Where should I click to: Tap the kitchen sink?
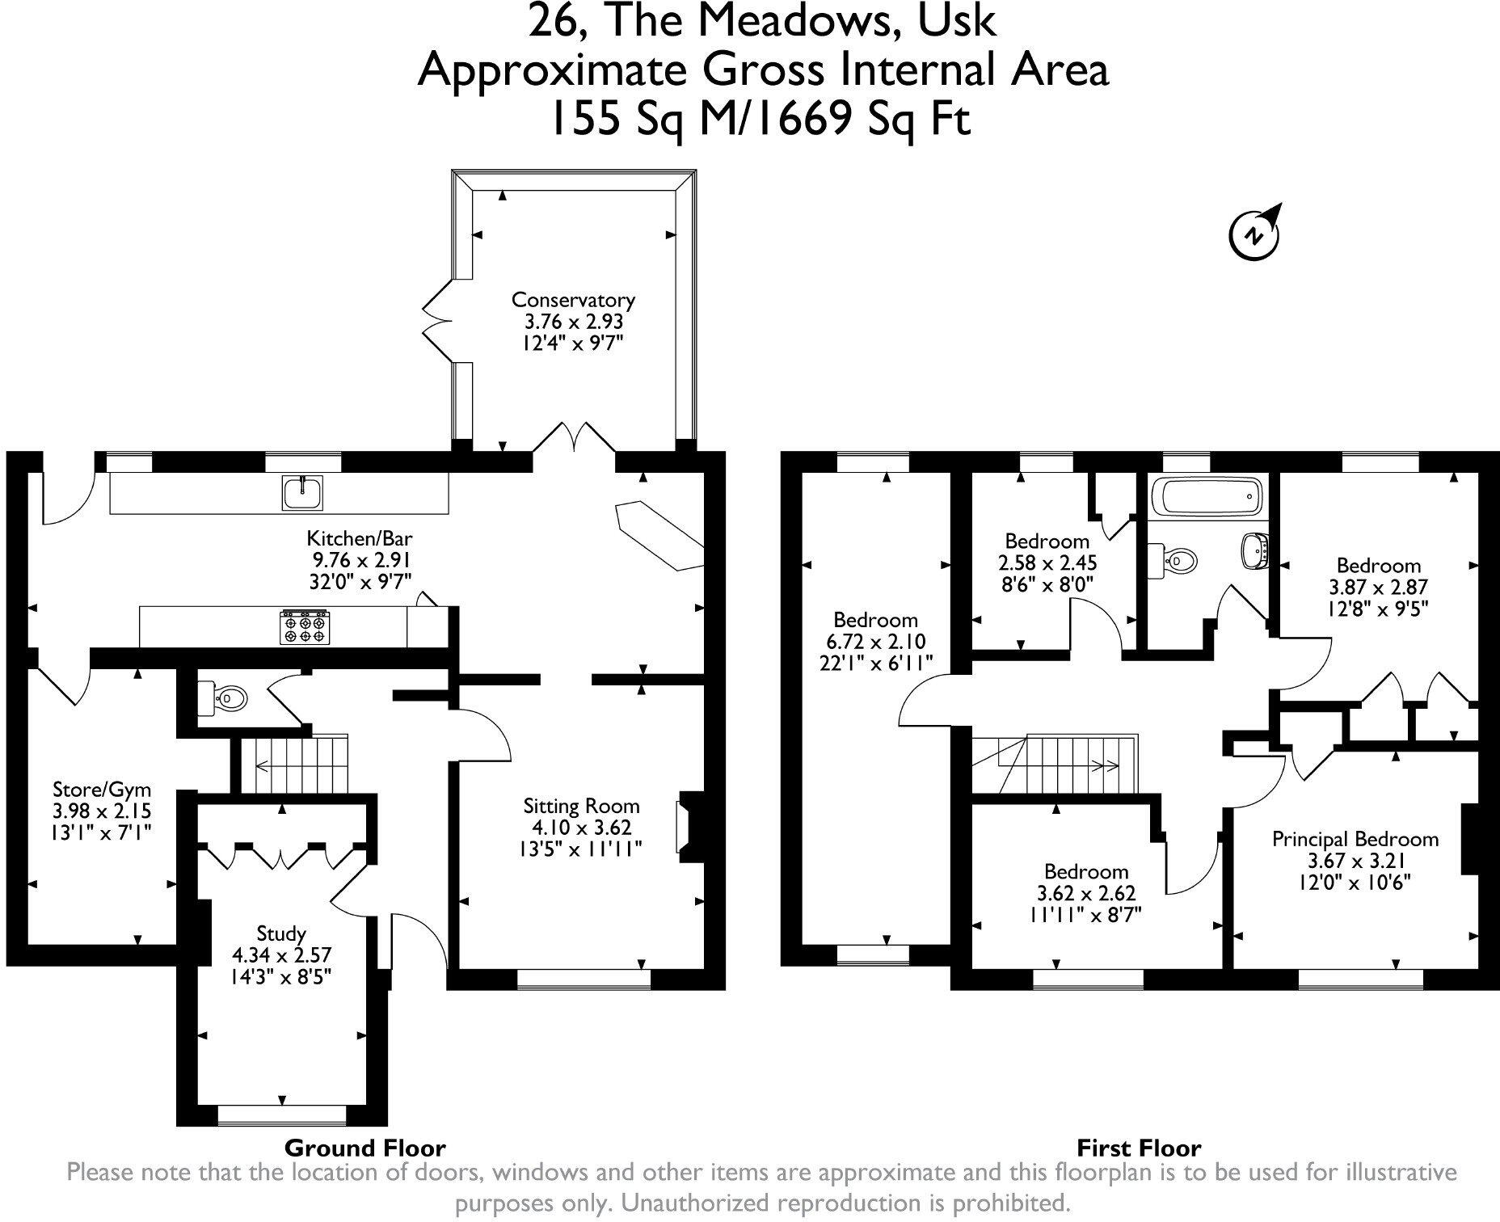[303, 492]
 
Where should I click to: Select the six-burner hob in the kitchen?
[305, 627]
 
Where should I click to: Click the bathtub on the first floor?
[1207, 495]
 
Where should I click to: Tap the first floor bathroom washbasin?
[1252, 550]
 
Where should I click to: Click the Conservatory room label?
[573, 300]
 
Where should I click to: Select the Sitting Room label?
[581, 806]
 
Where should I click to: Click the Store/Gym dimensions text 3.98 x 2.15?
[102, 811]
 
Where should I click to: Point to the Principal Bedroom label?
[1355, 839]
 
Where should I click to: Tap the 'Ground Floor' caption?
[364, 1148]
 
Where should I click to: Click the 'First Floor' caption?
[1138, 1148]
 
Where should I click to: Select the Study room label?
[281, 933]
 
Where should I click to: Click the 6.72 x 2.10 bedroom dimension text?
[875, 642]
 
